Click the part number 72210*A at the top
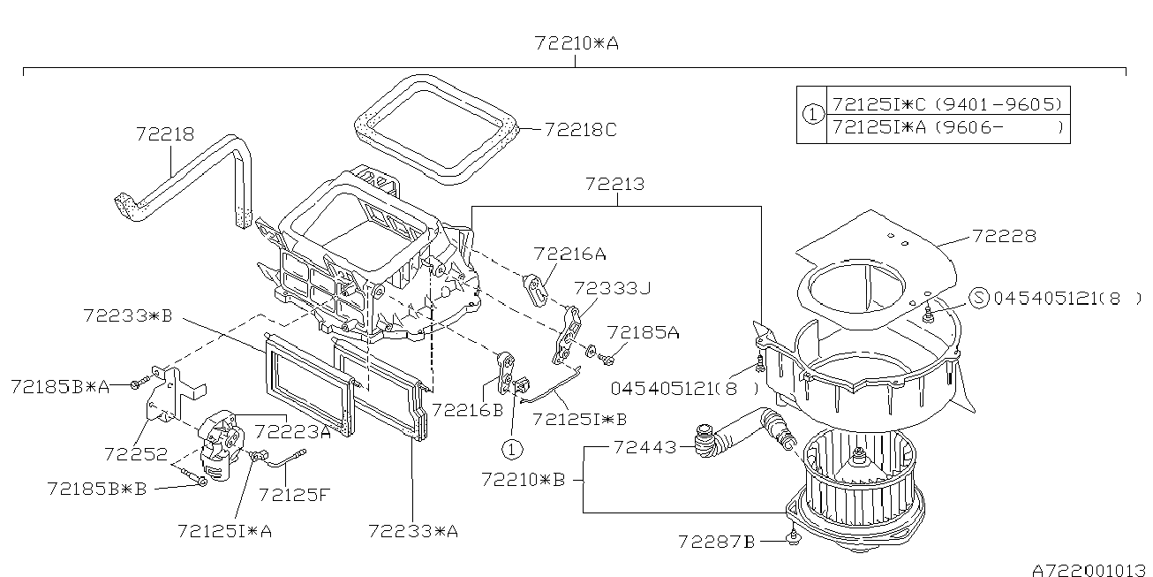coord(575,42)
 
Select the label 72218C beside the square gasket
coord(580,129)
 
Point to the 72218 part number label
coord(165,133)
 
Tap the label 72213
coord(614,185)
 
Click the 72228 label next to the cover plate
coord(1004,236)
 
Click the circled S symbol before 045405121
coord(978,298)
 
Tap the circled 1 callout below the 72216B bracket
coord(509,449)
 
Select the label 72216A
coord(569,254)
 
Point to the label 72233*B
coord(128,315)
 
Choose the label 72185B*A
coord(60,385)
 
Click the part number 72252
coord(135,453)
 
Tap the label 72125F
coord(294,494)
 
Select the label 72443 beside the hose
coord(644,448)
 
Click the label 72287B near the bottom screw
coord(717,541)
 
